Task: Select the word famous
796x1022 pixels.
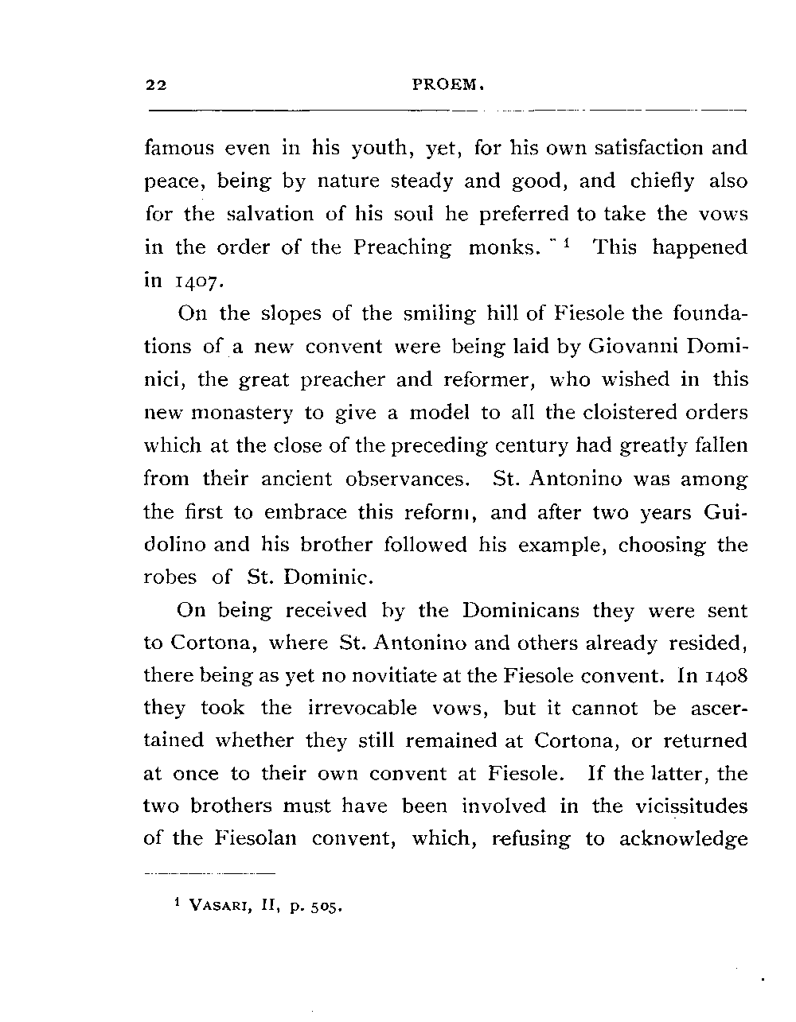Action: pos(179,148)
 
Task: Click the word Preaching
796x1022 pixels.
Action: pos(402,248)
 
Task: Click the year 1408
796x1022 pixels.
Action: pos(726,676)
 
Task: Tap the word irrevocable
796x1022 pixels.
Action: pos(357,709)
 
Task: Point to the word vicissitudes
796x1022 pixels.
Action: pos(692,806)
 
